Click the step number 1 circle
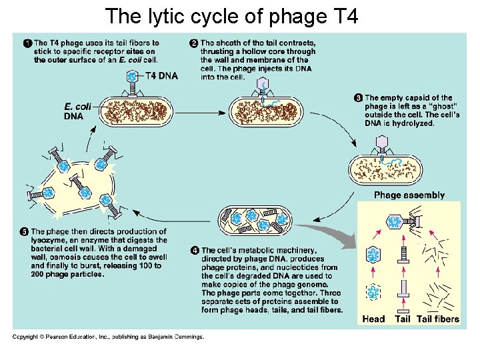coord(27,44)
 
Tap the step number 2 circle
coord(194,44)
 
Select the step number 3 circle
coord(358,98)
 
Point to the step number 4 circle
coord(194,250)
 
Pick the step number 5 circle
coord(23,232)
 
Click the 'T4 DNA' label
coord(161,75)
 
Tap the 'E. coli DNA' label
coord(76,111)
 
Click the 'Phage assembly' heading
coord(409,195)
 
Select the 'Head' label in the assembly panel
coord(373,319)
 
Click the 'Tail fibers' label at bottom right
coord(438,319)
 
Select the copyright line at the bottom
coord(108,337)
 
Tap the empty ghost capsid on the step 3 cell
coord(383,143)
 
